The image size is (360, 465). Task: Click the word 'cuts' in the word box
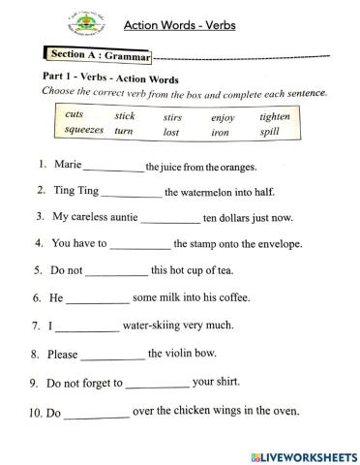pyautogui.click(x=74, y=115)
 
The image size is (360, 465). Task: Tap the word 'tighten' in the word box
pyautogui.click(x=275, y=117)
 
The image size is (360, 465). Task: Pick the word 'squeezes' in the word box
pyautogui.click(x=84, y=130)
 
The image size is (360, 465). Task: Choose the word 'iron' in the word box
pyautogui.click(x=221, y=132)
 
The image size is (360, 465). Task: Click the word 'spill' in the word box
pyautogui.click(x=270, y=131)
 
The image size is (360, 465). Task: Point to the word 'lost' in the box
pyautogui.click(x=171, y=132)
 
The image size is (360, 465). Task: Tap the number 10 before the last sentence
pyautogui.click(x=35, y=414)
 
